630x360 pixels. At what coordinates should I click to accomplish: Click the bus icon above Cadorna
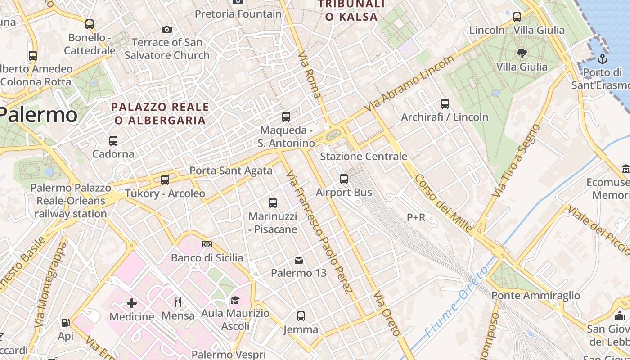coord(113,141)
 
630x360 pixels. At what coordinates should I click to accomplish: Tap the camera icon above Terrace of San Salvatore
coord(166,30)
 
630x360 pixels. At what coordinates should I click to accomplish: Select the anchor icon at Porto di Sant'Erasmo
coord(602,59)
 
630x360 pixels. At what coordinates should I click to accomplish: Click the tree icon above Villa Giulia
coord(522,54)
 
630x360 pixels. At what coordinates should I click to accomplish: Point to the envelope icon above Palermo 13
coord(298,260)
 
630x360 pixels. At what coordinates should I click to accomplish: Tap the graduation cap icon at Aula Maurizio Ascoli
coord(235,300)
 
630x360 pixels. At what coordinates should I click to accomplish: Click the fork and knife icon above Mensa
coord(178,302)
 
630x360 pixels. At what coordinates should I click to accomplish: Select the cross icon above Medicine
coord(132,303)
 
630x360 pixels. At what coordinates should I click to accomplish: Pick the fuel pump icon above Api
coord(65,323)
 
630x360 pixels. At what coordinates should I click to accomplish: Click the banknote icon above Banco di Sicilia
coord(207,244)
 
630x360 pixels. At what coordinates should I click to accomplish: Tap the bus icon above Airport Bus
coord(344,179)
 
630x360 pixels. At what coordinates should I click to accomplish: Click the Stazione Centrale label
coord(363,157)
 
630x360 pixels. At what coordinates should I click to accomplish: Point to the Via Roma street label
coord(310,74)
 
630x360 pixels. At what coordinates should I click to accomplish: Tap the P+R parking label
coord(416,218)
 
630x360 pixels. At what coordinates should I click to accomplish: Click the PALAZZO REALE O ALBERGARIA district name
coord(160,113)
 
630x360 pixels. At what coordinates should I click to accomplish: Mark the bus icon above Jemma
coord(301,316)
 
